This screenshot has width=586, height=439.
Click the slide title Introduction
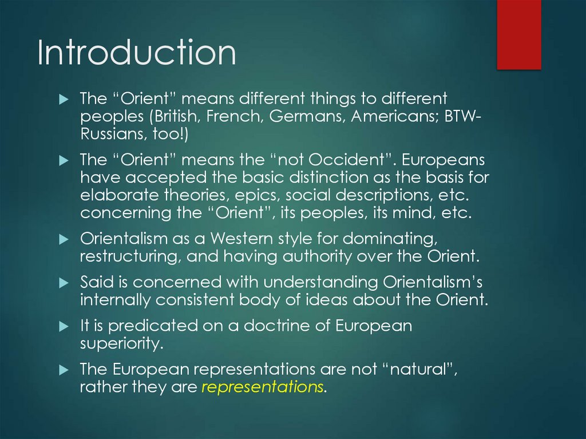click(x=137, y=53)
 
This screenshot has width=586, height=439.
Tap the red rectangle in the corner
click(x=518, y=34)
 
